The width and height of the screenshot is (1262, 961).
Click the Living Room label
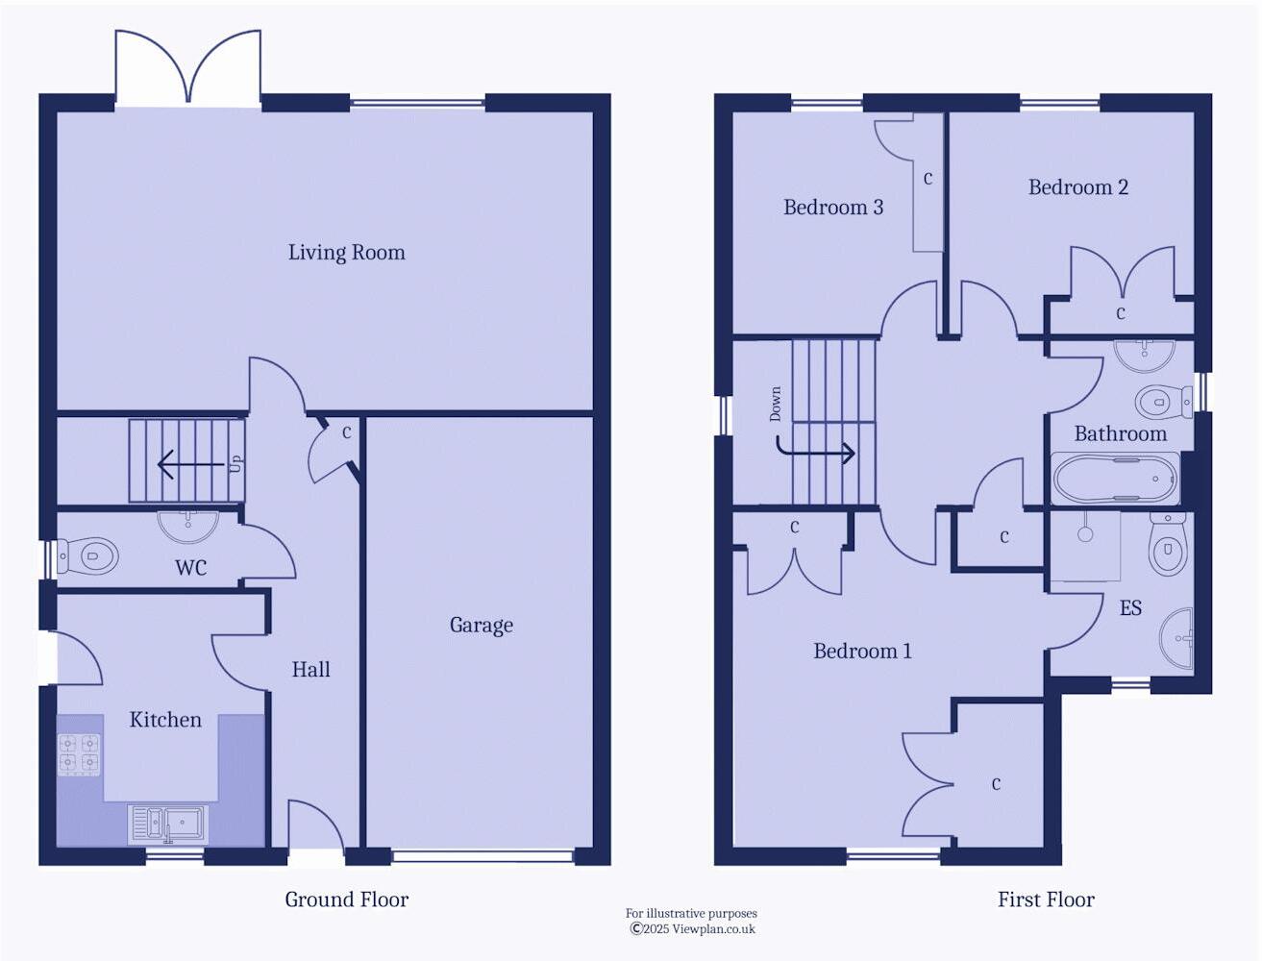point(346,253)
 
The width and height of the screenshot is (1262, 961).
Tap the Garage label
point(481,626)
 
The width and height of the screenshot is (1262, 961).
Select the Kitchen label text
point(165,720)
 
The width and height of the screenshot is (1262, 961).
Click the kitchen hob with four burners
point(79,754)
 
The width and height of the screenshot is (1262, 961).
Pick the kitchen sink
point(169,824)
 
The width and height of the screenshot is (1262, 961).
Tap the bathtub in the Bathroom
point(1115,478)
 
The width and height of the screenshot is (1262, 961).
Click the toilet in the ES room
point(1168,545)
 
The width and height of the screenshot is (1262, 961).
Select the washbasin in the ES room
point(1177,637)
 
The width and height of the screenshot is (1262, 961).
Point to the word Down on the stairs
point(776,405)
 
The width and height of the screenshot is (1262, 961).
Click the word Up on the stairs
point(235,463)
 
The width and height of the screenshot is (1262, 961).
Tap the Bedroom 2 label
point(1077,187)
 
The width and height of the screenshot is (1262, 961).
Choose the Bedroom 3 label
point(832,208)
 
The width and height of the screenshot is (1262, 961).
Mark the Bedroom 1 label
point(862,652)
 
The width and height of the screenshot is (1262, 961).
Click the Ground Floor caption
point(346,900)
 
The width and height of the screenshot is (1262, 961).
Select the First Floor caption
point(1046,900)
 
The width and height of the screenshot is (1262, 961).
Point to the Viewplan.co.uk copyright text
point(692,929)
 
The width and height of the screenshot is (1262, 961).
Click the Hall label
point(310,670)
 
